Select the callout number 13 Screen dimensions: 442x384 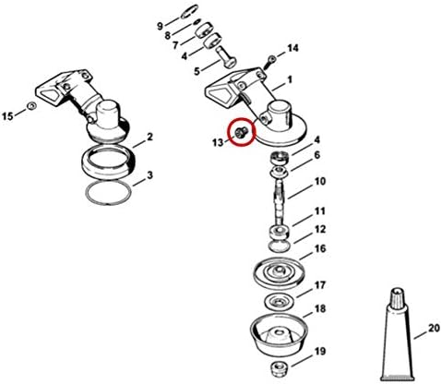218,143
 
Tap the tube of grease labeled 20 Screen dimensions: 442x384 397,334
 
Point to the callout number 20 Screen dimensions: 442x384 434,329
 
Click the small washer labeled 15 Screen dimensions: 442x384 31,106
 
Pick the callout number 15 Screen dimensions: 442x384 7,116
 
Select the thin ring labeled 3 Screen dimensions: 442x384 108,193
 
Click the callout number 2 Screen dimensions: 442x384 149,137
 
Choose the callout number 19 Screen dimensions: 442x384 320,351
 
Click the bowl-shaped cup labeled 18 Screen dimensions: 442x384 279,335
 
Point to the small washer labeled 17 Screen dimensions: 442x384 279,301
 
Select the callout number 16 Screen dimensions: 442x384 320,248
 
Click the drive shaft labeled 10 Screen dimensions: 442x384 280,203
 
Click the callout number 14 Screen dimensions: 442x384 293,48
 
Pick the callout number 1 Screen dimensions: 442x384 290,80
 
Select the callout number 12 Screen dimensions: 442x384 320,229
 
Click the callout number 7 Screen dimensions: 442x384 175,46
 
